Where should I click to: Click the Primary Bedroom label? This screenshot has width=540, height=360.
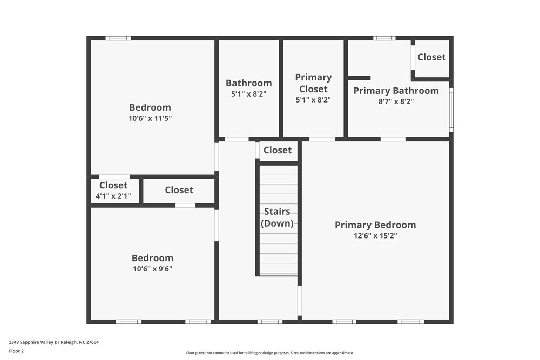375,225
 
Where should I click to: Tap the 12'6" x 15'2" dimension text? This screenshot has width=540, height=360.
375,236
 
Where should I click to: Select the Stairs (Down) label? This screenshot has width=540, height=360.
277,217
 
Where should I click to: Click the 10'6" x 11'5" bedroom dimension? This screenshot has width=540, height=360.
150,118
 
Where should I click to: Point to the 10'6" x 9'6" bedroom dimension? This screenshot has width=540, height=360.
152,269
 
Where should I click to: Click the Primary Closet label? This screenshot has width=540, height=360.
313,83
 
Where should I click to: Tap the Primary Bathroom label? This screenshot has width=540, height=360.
396,91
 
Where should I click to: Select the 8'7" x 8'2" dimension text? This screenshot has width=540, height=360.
396,101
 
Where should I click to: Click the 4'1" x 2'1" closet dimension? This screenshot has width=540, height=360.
113,196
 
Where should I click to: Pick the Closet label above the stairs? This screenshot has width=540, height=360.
278,151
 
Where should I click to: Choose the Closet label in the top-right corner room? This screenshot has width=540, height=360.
431,57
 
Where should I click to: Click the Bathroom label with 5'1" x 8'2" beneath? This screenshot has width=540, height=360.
248,83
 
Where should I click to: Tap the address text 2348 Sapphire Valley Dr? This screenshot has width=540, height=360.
53,342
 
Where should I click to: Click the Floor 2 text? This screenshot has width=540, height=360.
16,351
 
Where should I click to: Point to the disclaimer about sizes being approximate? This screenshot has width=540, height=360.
270,353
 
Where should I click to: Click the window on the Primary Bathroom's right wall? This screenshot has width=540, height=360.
451,110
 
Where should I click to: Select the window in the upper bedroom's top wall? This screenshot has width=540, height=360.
118,38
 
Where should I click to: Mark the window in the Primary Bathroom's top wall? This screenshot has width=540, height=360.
384,38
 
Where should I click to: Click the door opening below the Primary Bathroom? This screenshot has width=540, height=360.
393,139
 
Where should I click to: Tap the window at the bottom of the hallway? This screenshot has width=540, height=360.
269,322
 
